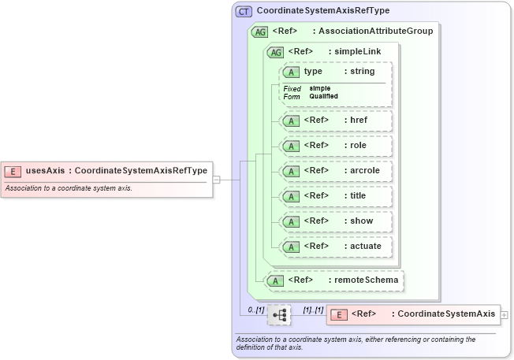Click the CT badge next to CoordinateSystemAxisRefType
[244, 11]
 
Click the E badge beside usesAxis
[13, 170]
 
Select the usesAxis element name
[46, 170]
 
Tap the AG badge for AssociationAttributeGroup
[259, 32]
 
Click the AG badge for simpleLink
[276, 52]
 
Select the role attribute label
[359, 145]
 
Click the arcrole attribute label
[363, 170]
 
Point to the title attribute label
[359, 195]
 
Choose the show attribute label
[361, 221]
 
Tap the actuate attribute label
[365, 246]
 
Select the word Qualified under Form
[323, 96]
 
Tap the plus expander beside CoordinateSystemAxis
[505, 314]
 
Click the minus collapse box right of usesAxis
[217, 179]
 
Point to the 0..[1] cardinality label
[255, 310]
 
